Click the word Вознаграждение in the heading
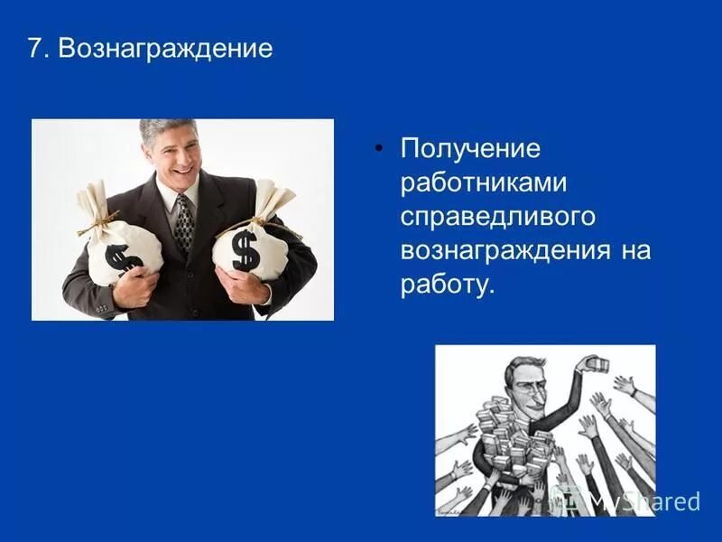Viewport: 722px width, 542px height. click(165, 48)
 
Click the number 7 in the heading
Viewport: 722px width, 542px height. click(35, 48)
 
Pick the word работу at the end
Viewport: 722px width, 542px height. click(448, 285)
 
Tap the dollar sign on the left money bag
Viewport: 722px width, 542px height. click(122, 257)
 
